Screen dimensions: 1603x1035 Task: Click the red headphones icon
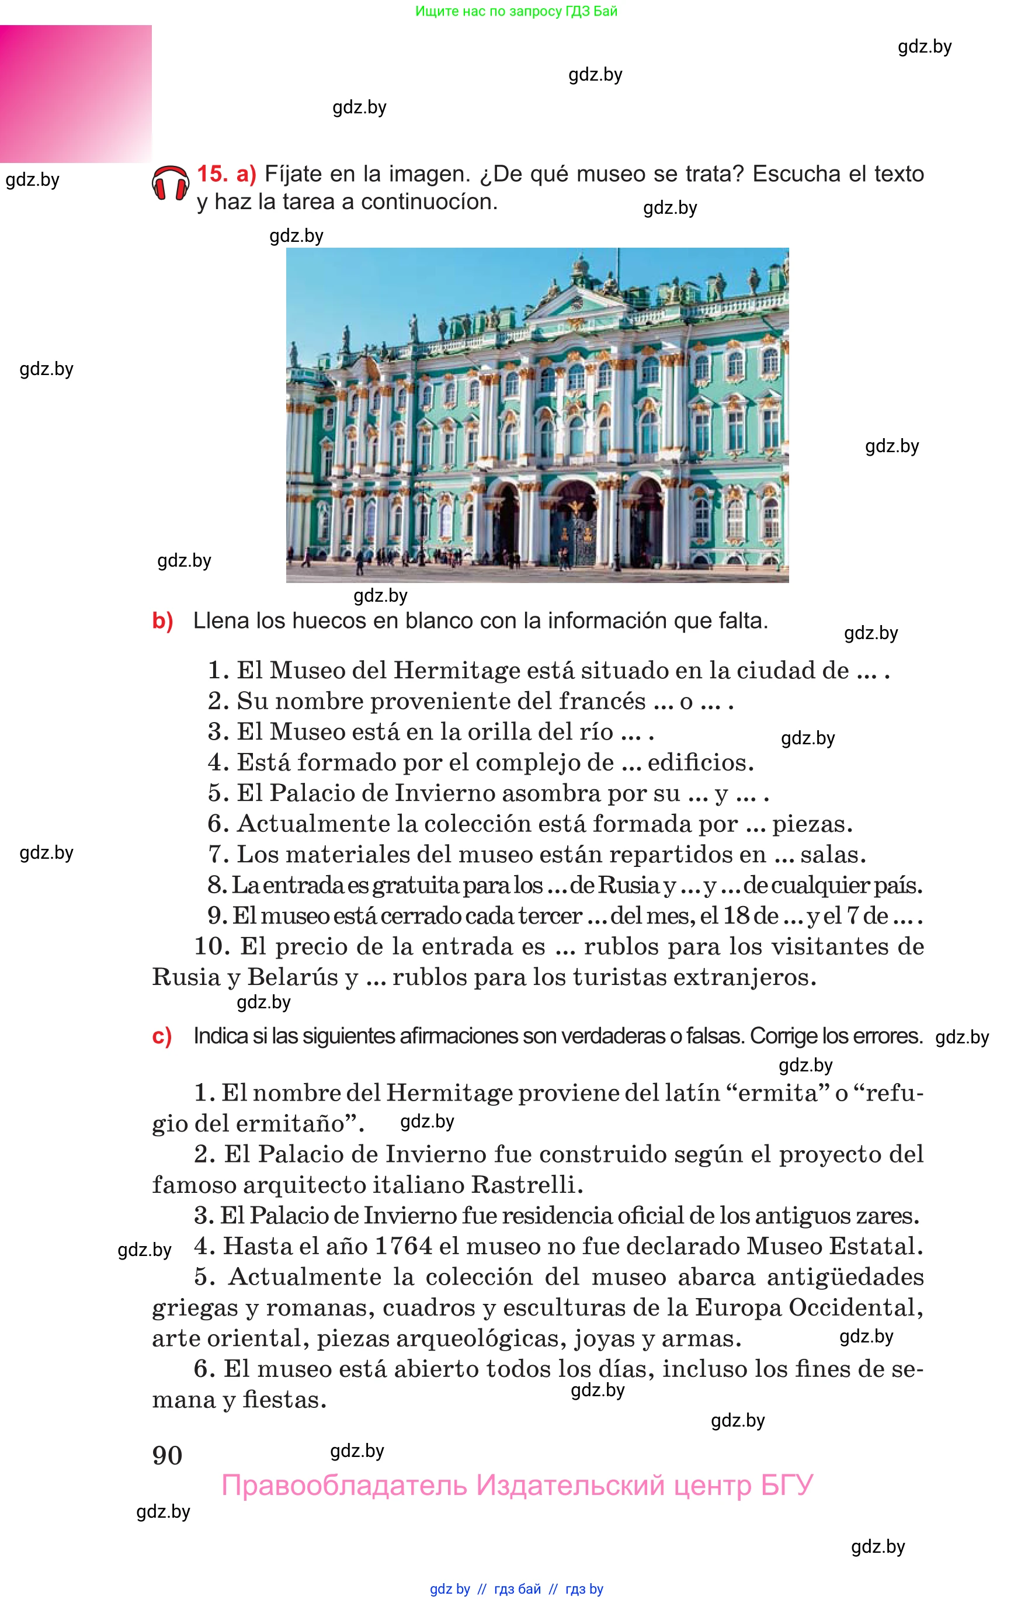point(170,183)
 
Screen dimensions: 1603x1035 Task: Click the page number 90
point(168,1456)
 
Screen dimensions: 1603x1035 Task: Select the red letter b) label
point(162,621)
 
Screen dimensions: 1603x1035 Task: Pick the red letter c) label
point(162,1036)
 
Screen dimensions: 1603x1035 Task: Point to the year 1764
point(402,1246)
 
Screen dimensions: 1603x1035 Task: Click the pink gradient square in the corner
point(75,94)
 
